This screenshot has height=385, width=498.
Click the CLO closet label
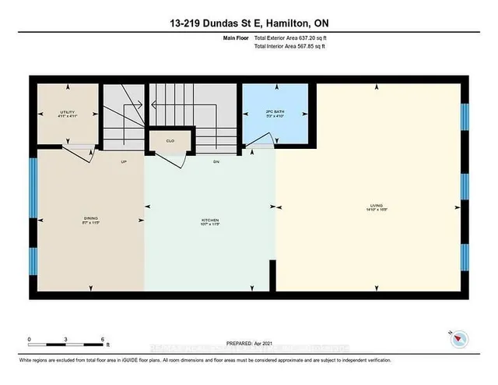pyautogui.click(x=170, y=141)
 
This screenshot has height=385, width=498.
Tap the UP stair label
pyautogui.click(x=124, y=162)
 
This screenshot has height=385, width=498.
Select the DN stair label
pyautogui.click(x=217, y=162)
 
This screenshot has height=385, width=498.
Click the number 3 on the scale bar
pyautogui.click(x=67, y=340)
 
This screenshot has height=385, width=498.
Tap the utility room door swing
pyautogui.click(x=76, y=150)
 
